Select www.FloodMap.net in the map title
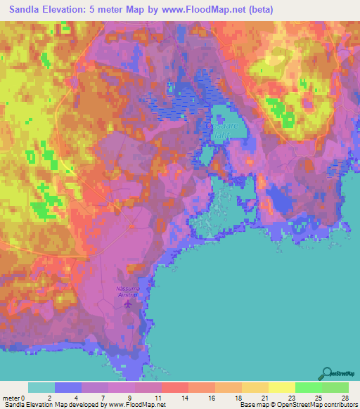[210, 10]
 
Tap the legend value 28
[345, 398]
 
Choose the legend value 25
[318, 398]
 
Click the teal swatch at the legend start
[41, 387]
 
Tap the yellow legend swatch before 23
[281, 387]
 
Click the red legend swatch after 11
[174, 387]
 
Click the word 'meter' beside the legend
[10, 398]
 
